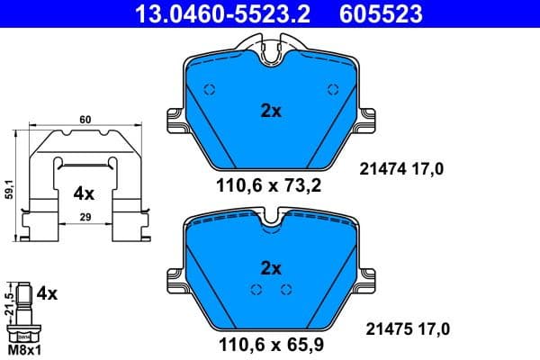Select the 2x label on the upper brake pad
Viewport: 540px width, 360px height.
(x=271, y=112)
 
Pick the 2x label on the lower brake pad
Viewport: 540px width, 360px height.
(x=271, y=267)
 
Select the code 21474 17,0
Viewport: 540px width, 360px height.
(x=402, y=167)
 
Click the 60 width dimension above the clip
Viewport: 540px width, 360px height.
(x=85, y=119)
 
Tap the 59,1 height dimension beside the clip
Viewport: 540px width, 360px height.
(x=9, y=189)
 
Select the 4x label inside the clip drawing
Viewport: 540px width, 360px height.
(x=84, y=193)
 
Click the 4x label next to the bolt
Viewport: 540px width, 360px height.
(x=48, y=293)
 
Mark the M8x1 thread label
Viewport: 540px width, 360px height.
(x=23, y=349)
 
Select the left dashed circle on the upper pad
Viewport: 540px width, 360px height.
(x=209, y=89)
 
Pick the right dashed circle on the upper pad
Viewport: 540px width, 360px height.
(x=334, y=89)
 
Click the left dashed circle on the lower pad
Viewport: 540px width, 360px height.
(x=256, y=289)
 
